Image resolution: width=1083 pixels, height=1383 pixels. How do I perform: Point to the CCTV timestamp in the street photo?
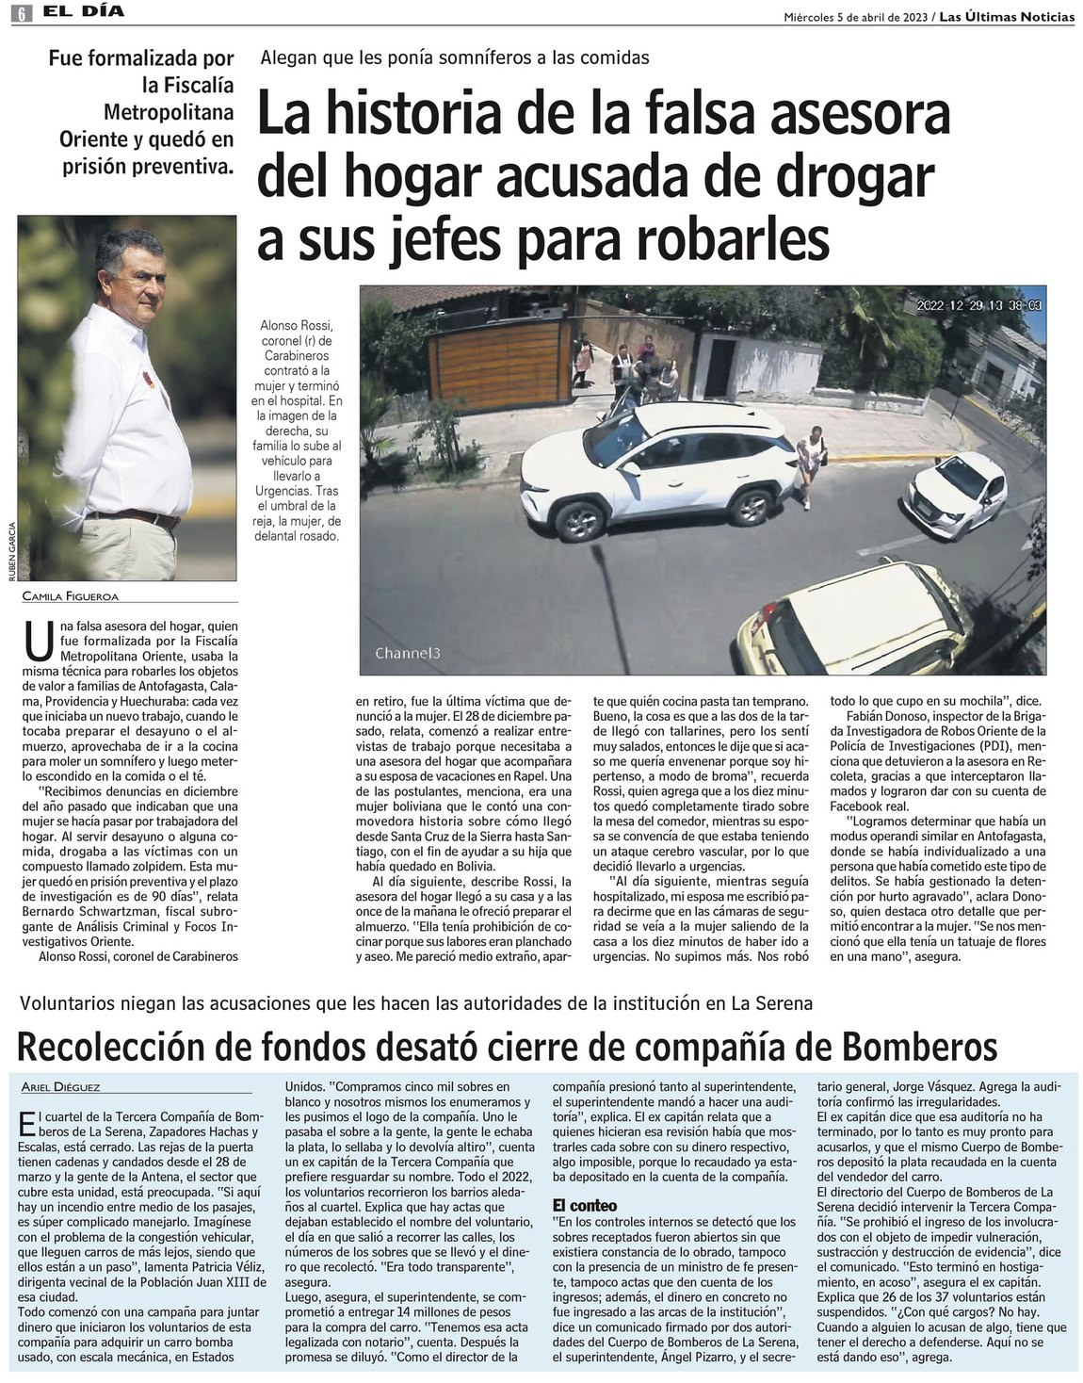point(979,305)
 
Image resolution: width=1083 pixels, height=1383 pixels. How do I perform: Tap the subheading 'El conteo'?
point(585,1205)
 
